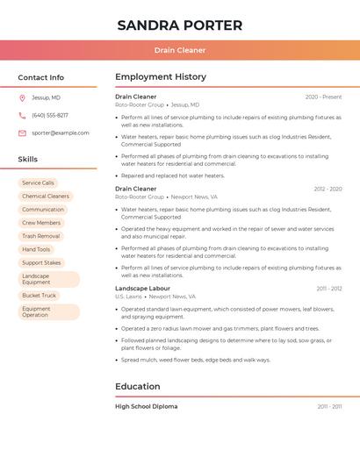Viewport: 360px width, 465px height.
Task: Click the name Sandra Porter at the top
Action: pos(179,25)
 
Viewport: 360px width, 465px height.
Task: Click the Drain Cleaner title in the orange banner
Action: pos(179,50)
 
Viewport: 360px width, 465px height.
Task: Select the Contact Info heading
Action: pos(40,77)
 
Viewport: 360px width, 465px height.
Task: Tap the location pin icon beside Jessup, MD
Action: pos(22,97)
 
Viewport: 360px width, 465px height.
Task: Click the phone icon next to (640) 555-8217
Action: pos(22,115)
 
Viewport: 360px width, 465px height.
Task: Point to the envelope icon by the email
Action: pos(22,132)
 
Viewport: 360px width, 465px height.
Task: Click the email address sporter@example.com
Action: pos(60,132)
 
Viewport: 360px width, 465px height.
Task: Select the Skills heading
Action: pos(28,159)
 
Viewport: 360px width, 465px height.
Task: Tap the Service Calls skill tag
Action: pos(38,182)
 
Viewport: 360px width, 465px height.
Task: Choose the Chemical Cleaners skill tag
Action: pos(45,196)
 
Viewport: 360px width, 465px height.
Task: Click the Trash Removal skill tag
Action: pos(40,236)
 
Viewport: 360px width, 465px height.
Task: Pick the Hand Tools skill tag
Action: pos(36,249)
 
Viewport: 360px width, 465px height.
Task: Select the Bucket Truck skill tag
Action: pos(39,295)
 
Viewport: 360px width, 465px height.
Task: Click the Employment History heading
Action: pos(160,77)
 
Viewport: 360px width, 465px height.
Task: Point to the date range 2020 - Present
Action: pos(323,97)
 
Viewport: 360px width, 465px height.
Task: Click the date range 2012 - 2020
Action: pos(328,189)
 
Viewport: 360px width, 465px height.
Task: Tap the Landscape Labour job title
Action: pos(142,288)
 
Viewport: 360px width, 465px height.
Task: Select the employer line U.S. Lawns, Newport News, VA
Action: pos(155,297)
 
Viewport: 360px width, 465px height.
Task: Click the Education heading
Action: pos(137,386)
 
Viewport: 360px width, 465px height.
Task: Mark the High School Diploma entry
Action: pos(146,406)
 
